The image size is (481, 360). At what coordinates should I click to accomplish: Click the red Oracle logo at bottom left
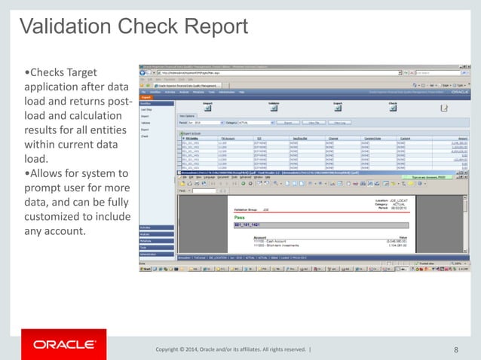(x=64, y=345)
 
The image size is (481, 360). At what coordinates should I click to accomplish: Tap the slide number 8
(x=456, y=349)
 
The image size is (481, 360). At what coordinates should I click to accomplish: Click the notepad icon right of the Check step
(x=444, y=108)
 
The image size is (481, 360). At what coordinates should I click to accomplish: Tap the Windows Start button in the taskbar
(x=148, y=267)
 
